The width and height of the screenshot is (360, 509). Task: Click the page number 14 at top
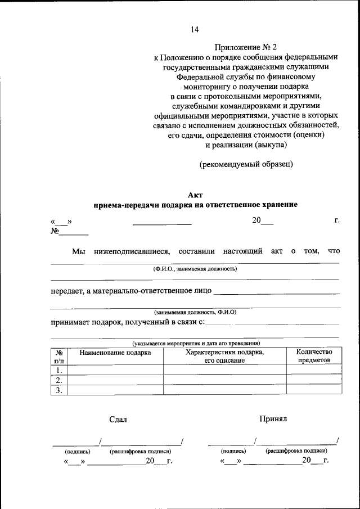pyautogui.click(x=194, y=29)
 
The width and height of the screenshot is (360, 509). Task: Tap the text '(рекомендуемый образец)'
pyautogui.click(x=246, y=164)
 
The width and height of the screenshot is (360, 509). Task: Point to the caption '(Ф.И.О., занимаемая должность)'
pyautogui.click(x=195, y=269)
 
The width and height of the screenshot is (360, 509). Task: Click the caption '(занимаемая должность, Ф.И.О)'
pyautogui.click(x=195, y=312)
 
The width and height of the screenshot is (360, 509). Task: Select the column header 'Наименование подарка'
pyautogui.click(x=115, y=353)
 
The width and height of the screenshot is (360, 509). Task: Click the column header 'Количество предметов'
pyautogui.click(x=314, y=356)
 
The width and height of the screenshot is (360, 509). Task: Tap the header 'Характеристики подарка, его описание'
pyautogui.click(x=225, y=356)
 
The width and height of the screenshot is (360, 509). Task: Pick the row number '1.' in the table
pyautogui.click(x=58, y=370)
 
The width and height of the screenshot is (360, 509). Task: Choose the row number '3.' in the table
pyautogui.click(x=58, y=390)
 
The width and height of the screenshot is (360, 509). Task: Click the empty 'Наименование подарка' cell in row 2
pyautogui.click(x=115, y=380)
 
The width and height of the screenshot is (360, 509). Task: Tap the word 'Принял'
pyautogui.click(x=273, y=419)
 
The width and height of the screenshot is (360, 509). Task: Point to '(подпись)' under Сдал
pyautogui.click(x=78, y=451)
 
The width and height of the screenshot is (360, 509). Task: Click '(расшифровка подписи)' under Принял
pyautogui.click(x=296, y=451)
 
